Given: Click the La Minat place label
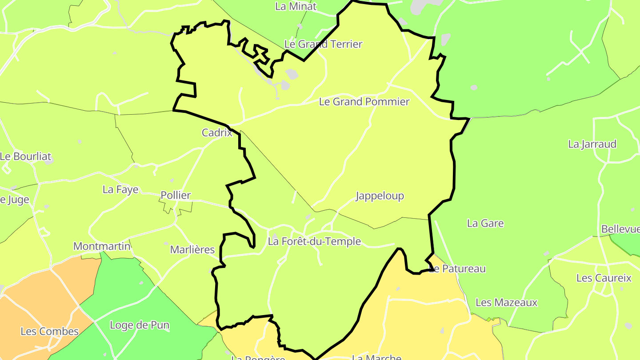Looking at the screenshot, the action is (296, 6).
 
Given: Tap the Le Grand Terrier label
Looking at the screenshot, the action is (323, 44).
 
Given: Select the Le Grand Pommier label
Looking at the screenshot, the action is (364, 102).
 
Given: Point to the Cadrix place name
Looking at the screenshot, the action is (217, 132).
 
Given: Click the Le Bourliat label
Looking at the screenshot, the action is (26, 156).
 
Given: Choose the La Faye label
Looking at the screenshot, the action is (120, 189).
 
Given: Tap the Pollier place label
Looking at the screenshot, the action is (176, 195).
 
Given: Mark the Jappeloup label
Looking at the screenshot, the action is (380, 196).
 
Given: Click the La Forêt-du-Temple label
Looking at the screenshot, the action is (314, 241).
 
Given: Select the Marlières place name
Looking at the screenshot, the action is (192, 250).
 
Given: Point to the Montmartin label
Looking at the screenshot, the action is (102, 246).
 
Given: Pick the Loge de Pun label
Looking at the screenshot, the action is (140, 325).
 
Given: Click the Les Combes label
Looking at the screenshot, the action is (49, 331).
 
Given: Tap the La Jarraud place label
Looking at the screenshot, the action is (592, 144).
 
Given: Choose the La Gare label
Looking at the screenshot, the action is (485, 223).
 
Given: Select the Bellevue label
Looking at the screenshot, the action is (620, 229).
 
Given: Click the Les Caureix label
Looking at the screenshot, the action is (604, 278).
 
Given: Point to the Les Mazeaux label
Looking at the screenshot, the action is (506, 303).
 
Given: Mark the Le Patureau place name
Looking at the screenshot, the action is (458, 268).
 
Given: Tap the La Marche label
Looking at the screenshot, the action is (376, 356).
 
